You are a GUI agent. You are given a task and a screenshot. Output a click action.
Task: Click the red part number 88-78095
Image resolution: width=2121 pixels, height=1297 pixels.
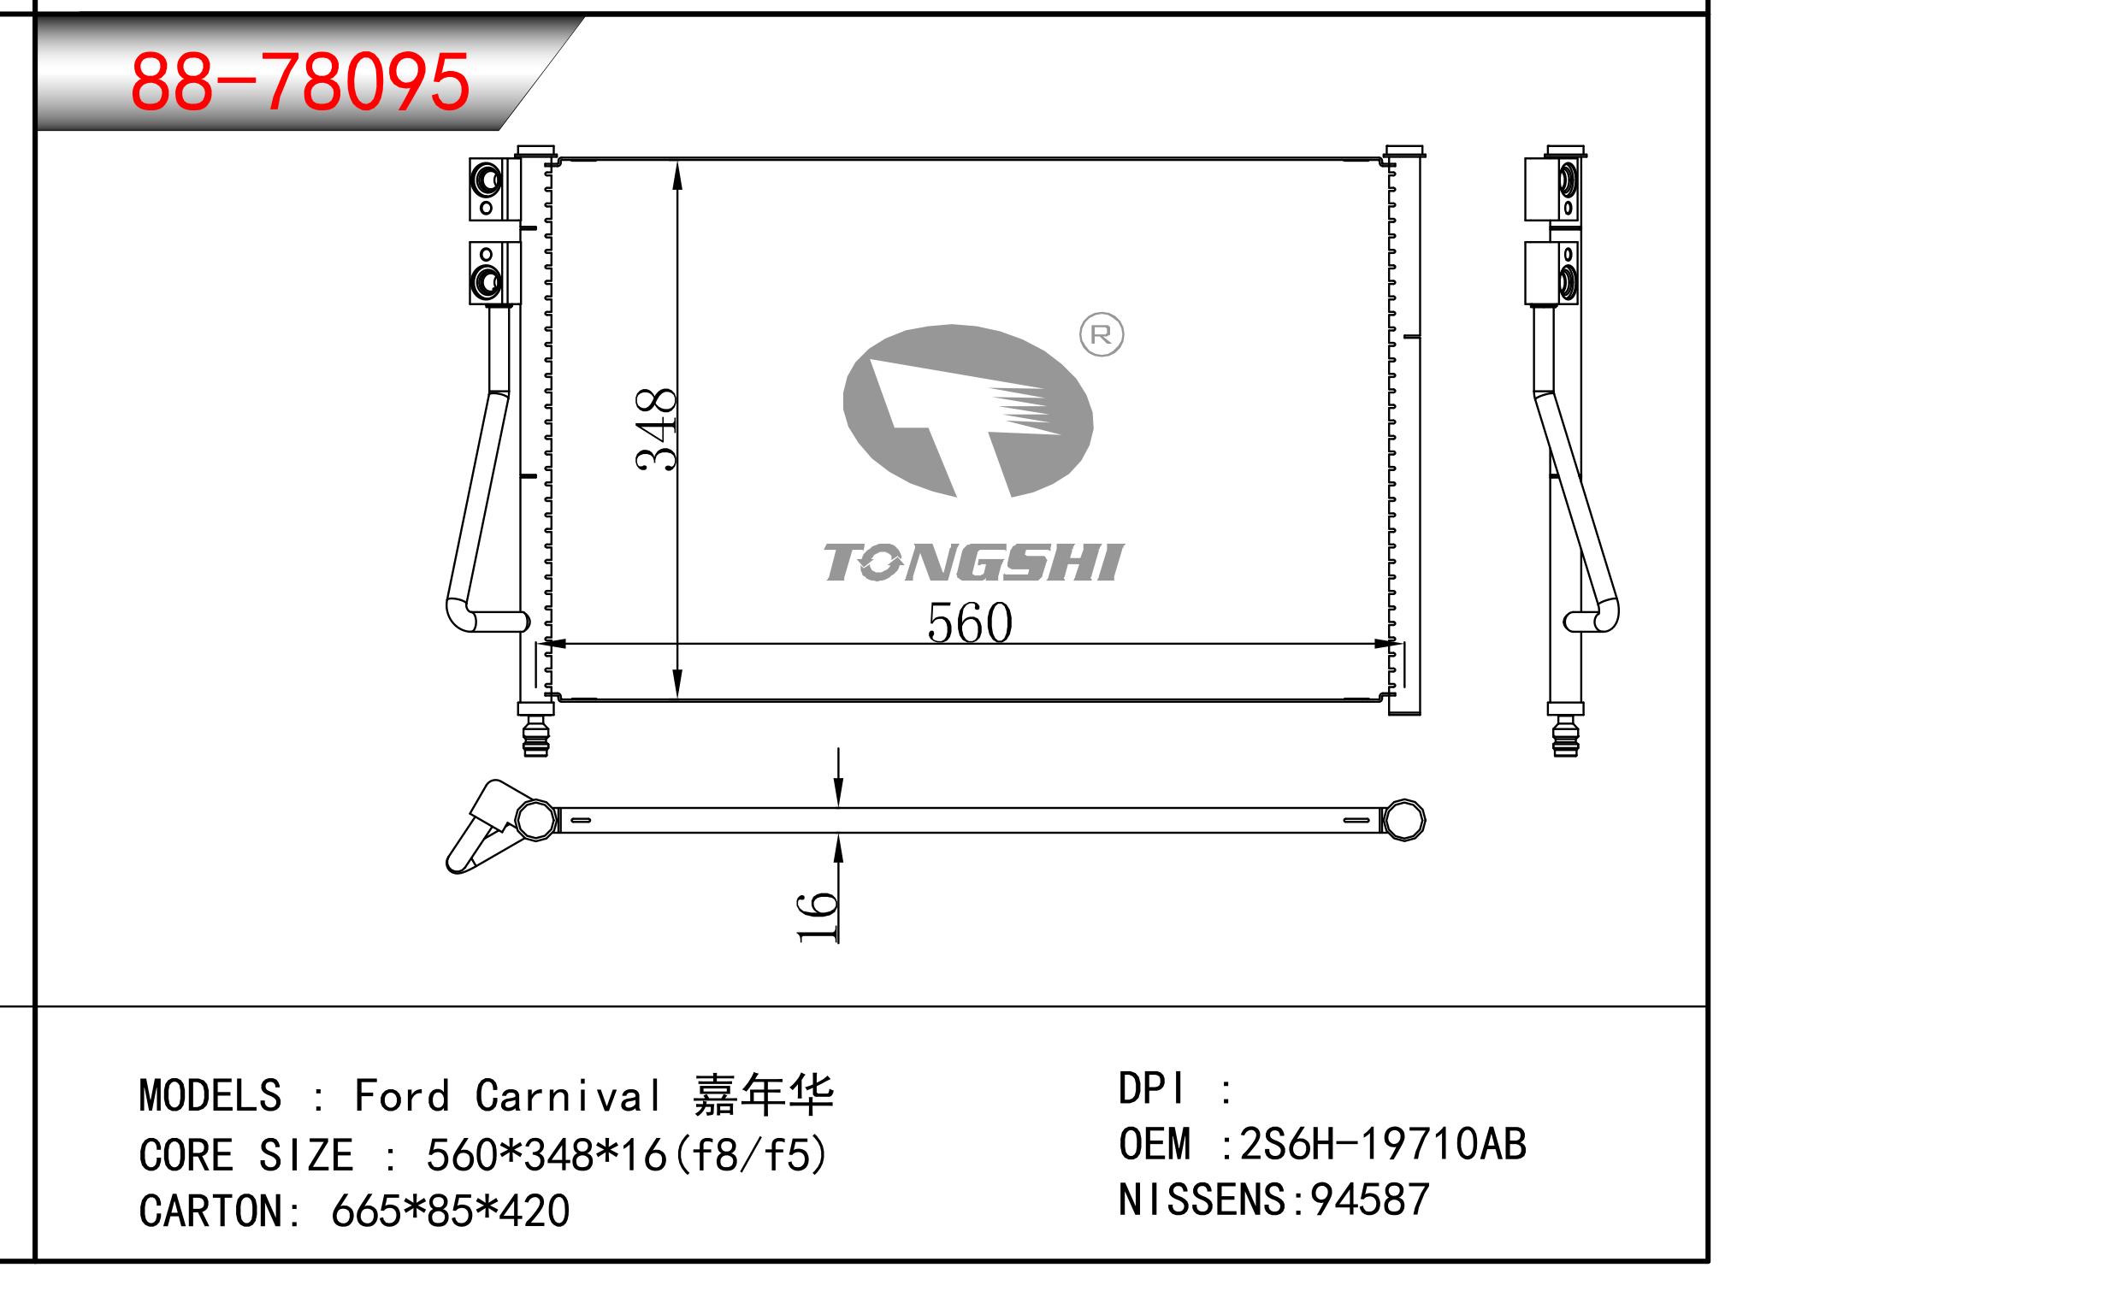299,82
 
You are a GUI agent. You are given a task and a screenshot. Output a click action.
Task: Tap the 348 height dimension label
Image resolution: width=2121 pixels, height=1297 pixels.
657,428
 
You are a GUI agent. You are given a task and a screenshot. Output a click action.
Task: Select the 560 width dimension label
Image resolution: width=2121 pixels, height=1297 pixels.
970,622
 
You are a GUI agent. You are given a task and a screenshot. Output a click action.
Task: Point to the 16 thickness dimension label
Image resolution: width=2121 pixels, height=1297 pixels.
817,917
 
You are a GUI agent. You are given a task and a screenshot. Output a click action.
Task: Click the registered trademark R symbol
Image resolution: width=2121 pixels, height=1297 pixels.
1101,335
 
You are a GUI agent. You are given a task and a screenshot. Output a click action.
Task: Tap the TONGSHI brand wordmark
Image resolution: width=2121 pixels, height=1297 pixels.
973,562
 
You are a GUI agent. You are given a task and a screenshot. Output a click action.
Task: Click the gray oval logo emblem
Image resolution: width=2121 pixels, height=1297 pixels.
967,410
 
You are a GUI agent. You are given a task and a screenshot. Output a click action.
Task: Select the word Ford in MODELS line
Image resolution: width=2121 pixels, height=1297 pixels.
402,1095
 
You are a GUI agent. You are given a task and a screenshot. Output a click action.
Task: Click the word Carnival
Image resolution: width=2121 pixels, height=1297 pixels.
568,1095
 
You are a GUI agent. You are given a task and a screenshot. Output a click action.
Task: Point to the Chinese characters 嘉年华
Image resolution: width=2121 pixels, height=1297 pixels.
764,1094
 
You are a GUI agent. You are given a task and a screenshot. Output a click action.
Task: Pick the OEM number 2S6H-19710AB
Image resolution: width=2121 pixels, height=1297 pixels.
1382,1144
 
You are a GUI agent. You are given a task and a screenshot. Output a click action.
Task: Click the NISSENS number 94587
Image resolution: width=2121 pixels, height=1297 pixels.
1369,1200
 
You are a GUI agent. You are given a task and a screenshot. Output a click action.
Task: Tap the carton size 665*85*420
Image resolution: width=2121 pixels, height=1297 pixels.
450,1211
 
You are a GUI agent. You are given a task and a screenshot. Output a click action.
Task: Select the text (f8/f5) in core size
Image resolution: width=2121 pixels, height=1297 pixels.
753,1155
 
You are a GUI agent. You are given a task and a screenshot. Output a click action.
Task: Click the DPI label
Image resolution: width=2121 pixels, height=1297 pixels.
1151,1088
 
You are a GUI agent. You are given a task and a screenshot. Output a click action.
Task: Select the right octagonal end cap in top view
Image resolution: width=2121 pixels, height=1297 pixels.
1403,819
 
